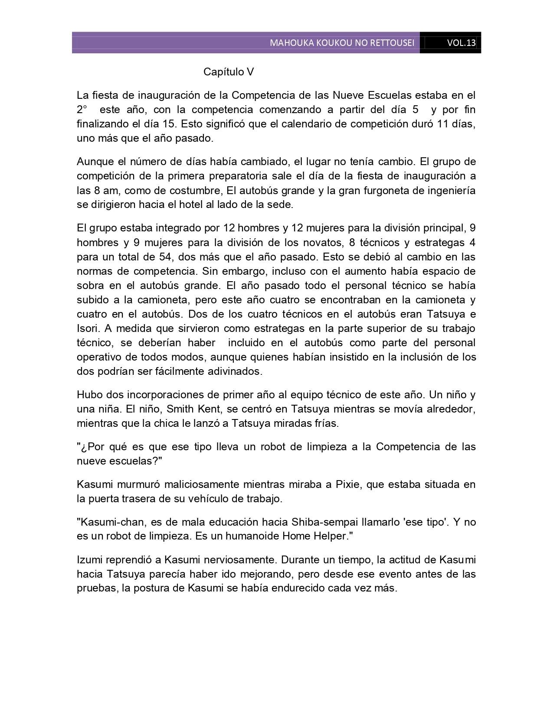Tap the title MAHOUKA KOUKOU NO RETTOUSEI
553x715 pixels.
[342, 43]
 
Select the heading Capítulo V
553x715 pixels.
[229, 72]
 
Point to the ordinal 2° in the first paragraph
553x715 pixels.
[82, 110]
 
